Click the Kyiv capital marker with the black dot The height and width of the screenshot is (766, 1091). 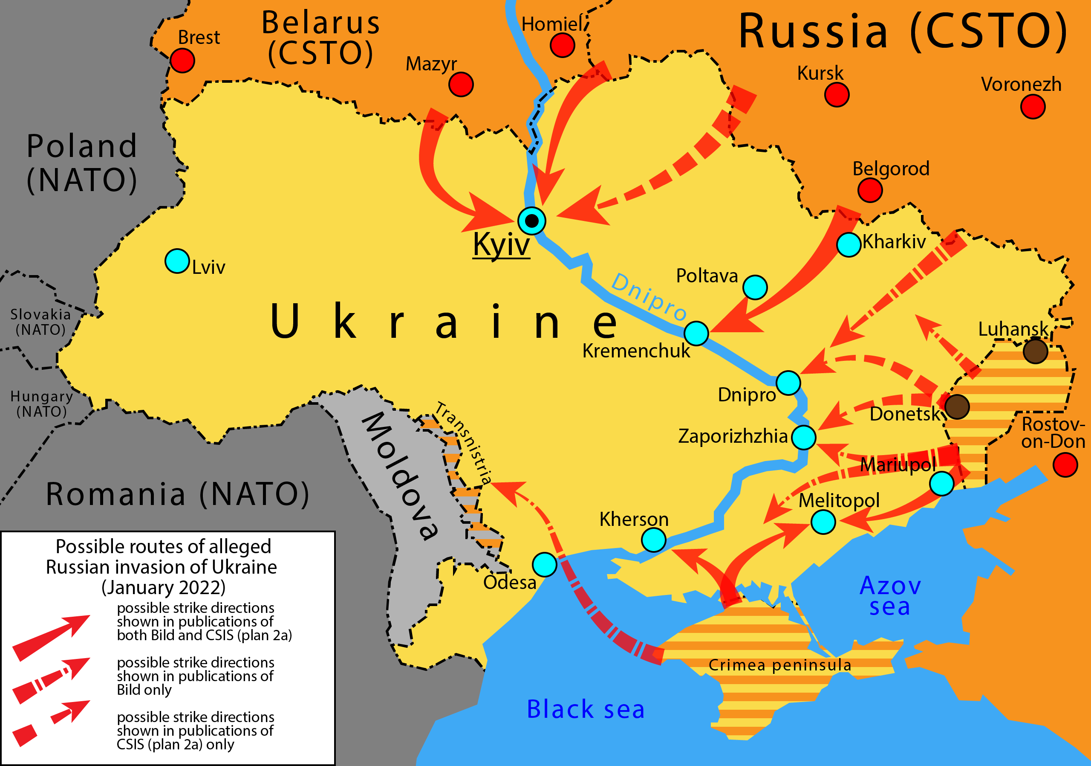click(x=532, y=221)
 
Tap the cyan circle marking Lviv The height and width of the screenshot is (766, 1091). click(x=177, y=261)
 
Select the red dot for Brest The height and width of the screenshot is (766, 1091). click(x=182, y=61)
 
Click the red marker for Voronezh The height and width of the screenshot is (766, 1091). click(x=1033, y=107)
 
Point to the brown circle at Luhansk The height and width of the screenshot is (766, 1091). click(x=1036, y=351)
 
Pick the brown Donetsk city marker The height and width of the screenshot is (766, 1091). click(x=957, y=406)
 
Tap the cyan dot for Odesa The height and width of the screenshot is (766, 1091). click(x=545, y=564)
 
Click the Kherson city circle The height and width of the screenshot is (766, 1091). click(x=653, y=540)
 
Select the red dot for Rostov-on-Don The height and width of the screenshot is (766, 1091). click(x=1065, y=464)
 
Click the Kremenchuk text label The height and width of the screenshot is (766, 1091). click(x=636, y=351)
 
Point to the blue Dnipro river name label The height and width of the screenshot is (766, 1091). click(x=649, y=297)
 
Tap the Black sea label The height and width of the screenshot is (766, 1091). click(x=586, y=709)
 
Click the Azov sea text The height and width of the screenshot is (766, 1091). click(x=890, y=596)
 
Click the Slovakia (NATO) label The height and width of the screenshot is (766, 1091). click(x=40, y=322)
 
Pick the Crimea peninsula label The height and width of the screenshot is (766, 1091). click(x=780, y=665)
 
